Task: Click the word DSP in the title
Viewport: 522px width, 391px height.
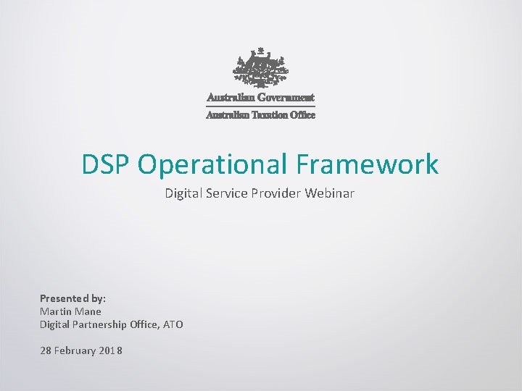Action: [x=107, y=164]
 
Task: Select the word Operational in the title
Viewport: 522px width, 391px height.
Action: [x=213, y=164]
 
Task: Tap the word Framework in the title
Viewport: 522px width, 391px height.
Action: [x=368, y=164]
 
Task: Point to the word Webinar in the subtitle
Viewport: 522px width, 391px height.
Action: [x=332, y=193]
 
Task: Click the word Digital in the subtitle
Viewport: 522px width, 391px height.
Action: [x=181, y=193]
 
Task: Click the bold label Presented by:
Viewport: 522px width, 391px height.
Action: [x=72, y=298]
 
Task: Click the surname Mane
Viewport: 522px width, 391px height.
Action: [x=88, y=311]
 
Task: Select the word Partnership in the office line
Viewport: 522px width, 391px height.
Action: [x=100, y=324]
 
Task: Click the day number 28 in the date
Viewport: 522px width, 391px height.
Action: [x=46, y=350]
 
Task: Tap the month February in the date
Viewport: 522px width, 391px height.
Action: [x=77, y=350]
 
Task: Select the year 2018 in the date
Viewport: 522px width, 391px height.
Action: [x=111, y=350]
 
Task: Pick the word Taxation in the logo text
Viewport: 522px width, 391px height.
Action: [x=269, y=114]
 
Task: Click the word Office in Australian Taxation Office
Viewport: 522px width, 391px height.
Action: [x=303, y=114]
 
